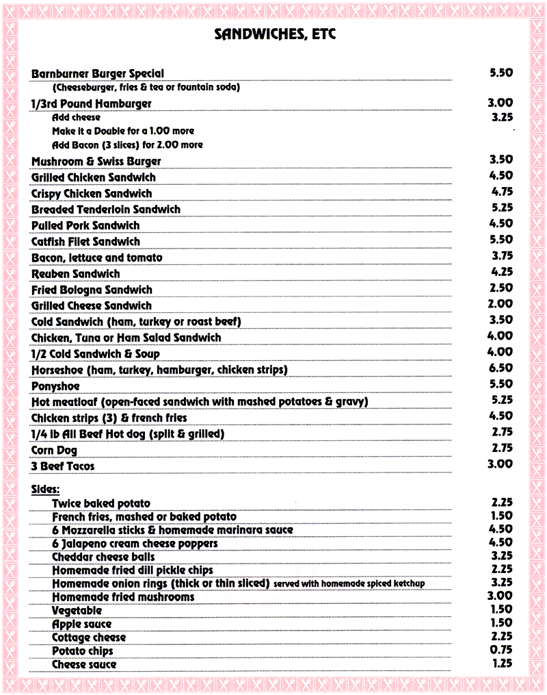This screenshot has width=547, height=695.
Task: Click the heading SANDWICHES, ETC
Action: click(275, 34)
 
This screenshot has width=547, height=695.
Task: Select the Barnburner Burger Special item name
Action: click(98, 73)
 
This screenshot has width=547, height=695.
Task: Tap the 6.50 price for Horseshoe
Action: click(501, 368)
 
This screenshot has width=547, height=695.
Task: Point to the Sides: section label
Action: click(46, 489)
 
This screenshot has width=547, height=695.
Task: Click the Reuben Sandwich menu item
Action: click(75, 274)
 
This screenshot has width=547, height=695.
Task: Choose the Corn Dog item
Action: click(54, 451)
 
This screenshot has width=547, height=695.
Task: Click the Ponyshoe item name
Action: click(55, 386)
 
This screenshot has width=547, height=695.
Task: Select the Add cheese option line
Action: click(76, 118)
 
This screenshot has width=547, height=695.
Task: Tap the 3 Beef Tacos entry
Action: click(63, 466)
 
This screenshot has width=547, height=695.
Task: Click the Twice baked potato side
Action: click(101, 503)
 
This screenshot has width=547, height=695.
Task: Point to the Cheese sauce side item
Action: click(84, 664)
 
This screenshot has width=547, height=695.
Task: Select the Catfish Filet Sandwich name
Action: click(85, 242)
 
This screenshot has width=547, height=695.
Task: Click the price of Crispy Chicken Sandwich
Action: click(501, 192)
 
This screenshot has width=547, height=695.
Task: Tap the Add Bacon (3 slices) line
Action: click(127, 145)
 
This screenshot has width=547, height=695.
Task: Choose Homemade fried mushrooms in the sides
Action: click(123, 597)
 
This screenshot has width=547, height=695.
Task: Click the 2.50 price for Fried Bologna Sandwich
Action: click(501, 288)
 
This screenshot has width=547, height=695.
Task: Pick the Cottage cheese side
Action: click(89, 637)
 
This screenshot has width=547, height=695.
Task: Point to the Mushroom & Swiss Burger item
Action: click(96, 161)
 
